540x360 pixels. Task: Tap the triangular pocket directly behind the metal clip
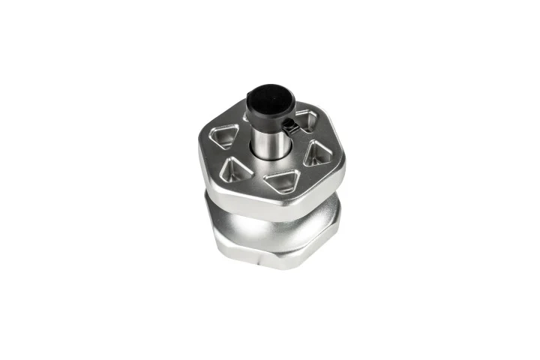coord(307,119)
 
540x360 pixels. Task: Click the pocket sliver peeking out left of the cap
coord(246,115)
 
